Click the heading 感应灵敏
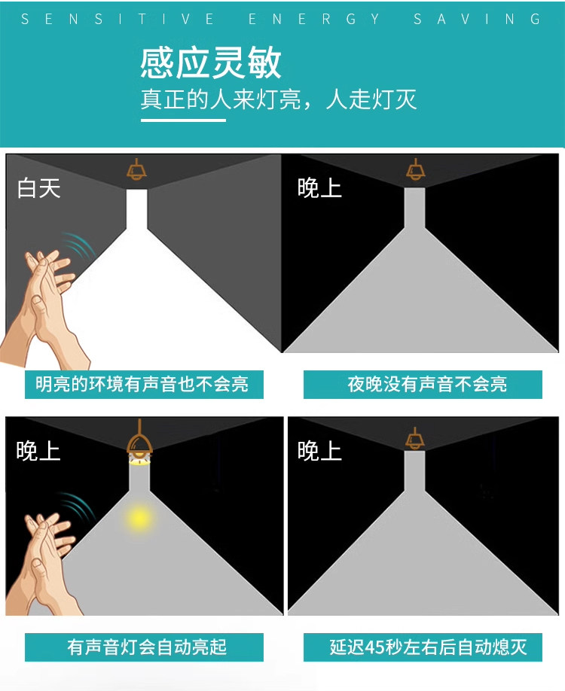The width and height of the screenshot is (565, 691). (x=210, y=62)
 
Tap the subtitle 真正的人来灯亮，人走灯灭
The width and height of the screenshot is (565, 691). (x=278, y=99)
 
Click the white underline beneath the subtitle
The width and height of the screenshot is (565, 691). (x=183, y=120)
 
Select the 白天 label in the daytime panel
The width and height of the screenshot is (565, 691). (x=38, y=189)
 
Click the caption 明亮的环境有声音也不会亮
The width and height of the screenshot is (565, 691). (x=142, y=385)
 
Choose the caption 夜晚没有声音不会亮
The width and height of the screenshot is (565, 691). (x=427, y=385)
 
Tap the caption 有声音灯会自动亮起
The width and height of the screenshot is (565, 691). (x=147, y=647)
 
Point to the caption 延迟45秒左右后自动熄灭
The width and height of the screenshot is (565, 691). (x=428, y=647)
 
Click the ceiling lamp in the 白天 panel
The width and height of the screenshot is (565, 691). (x=136, y=169)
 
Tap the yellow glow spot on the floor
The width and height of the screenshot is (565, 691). (x=139, y=518)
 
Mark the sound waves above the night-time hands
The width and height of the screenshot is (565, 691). (x=78, y=507)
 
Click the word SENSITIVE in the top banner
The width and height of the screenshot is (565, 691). (x=118, y=19)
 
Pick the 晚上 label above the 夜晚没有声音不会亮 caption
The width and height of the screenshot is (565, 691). (x=319, y=189)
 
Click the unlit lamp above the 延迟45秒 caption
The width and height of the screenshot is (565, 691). (x=414, y=439)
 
